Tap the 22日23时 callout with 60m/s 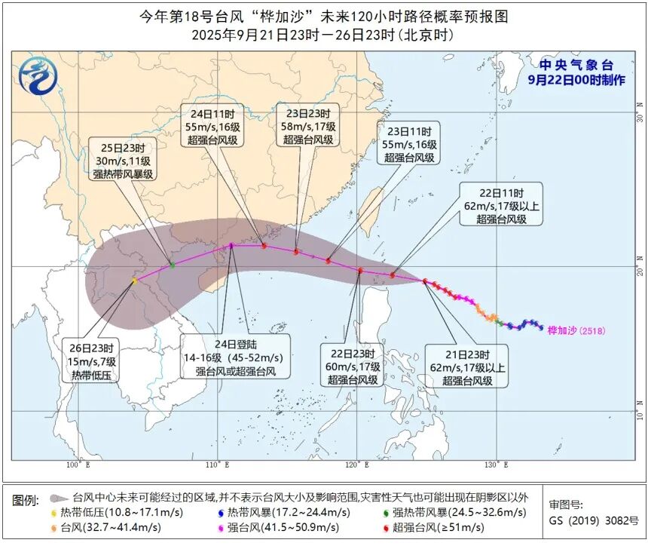(353, 367)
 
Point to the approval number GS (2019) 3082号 (593, 521)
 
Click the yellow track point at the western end (135, 281)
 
